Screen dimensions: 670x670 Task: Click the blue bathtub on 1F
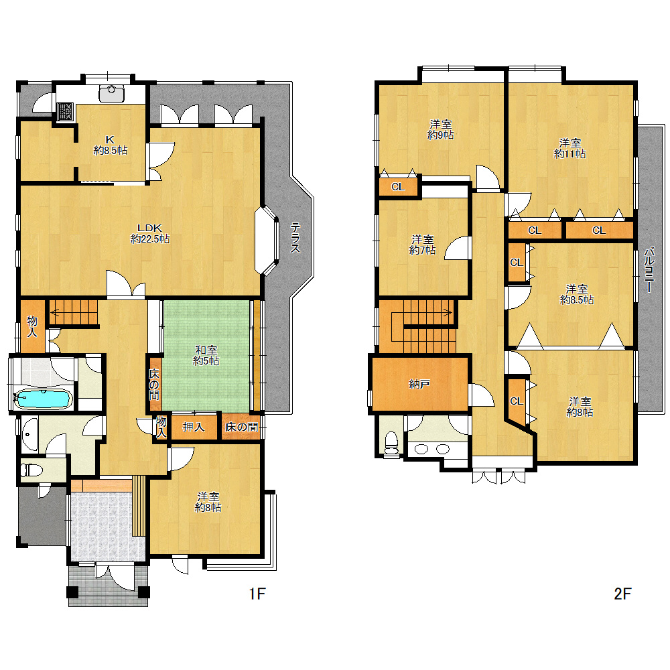tap(42, 399)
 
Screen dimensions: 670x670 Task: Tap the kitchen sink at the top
tap(111, 94)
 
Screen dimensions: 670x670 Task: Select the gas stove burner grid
tap(65, 111)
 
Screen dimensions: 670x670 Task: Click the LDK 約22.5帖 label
tap(149, 233)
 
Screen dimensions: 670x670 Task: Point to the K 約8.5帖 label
tap(111, 145)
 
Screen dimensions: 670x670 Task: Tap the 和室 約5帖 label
tap(206, 356)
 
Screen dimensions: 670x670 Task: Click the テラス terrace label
tap(295, 238)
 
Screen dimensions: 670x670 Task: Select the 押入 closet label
tap(194, 426)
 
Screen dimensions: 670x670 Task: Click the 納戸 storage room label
tap(419, 384)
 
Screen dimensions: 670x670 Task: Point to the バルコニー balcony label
tap(649, 270)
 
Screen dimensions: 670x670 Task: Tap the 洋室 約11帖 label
tap(569, 148)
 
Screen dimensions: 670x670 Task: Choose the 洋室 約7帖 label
tap(422, 245)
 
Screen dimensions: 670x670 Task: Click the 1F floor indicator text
tap(257, 594)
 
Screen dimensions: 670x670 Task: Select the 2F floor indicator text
tap(622, 594)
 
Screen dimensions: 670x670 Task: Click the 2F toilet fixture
tap(391, 443)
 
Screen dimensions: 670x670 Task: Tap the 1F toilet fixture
tap(32, 470)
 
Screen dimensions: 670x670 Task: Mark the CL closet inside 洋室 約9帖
tap(398, 187)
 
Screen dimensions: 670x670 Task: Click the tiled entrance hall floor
tap(108, 527)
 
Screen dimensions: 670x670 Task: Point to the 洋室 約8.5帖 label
tap(576, 294)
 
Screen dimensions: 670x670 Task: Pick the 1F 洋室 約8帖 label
tap(208, 502)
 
